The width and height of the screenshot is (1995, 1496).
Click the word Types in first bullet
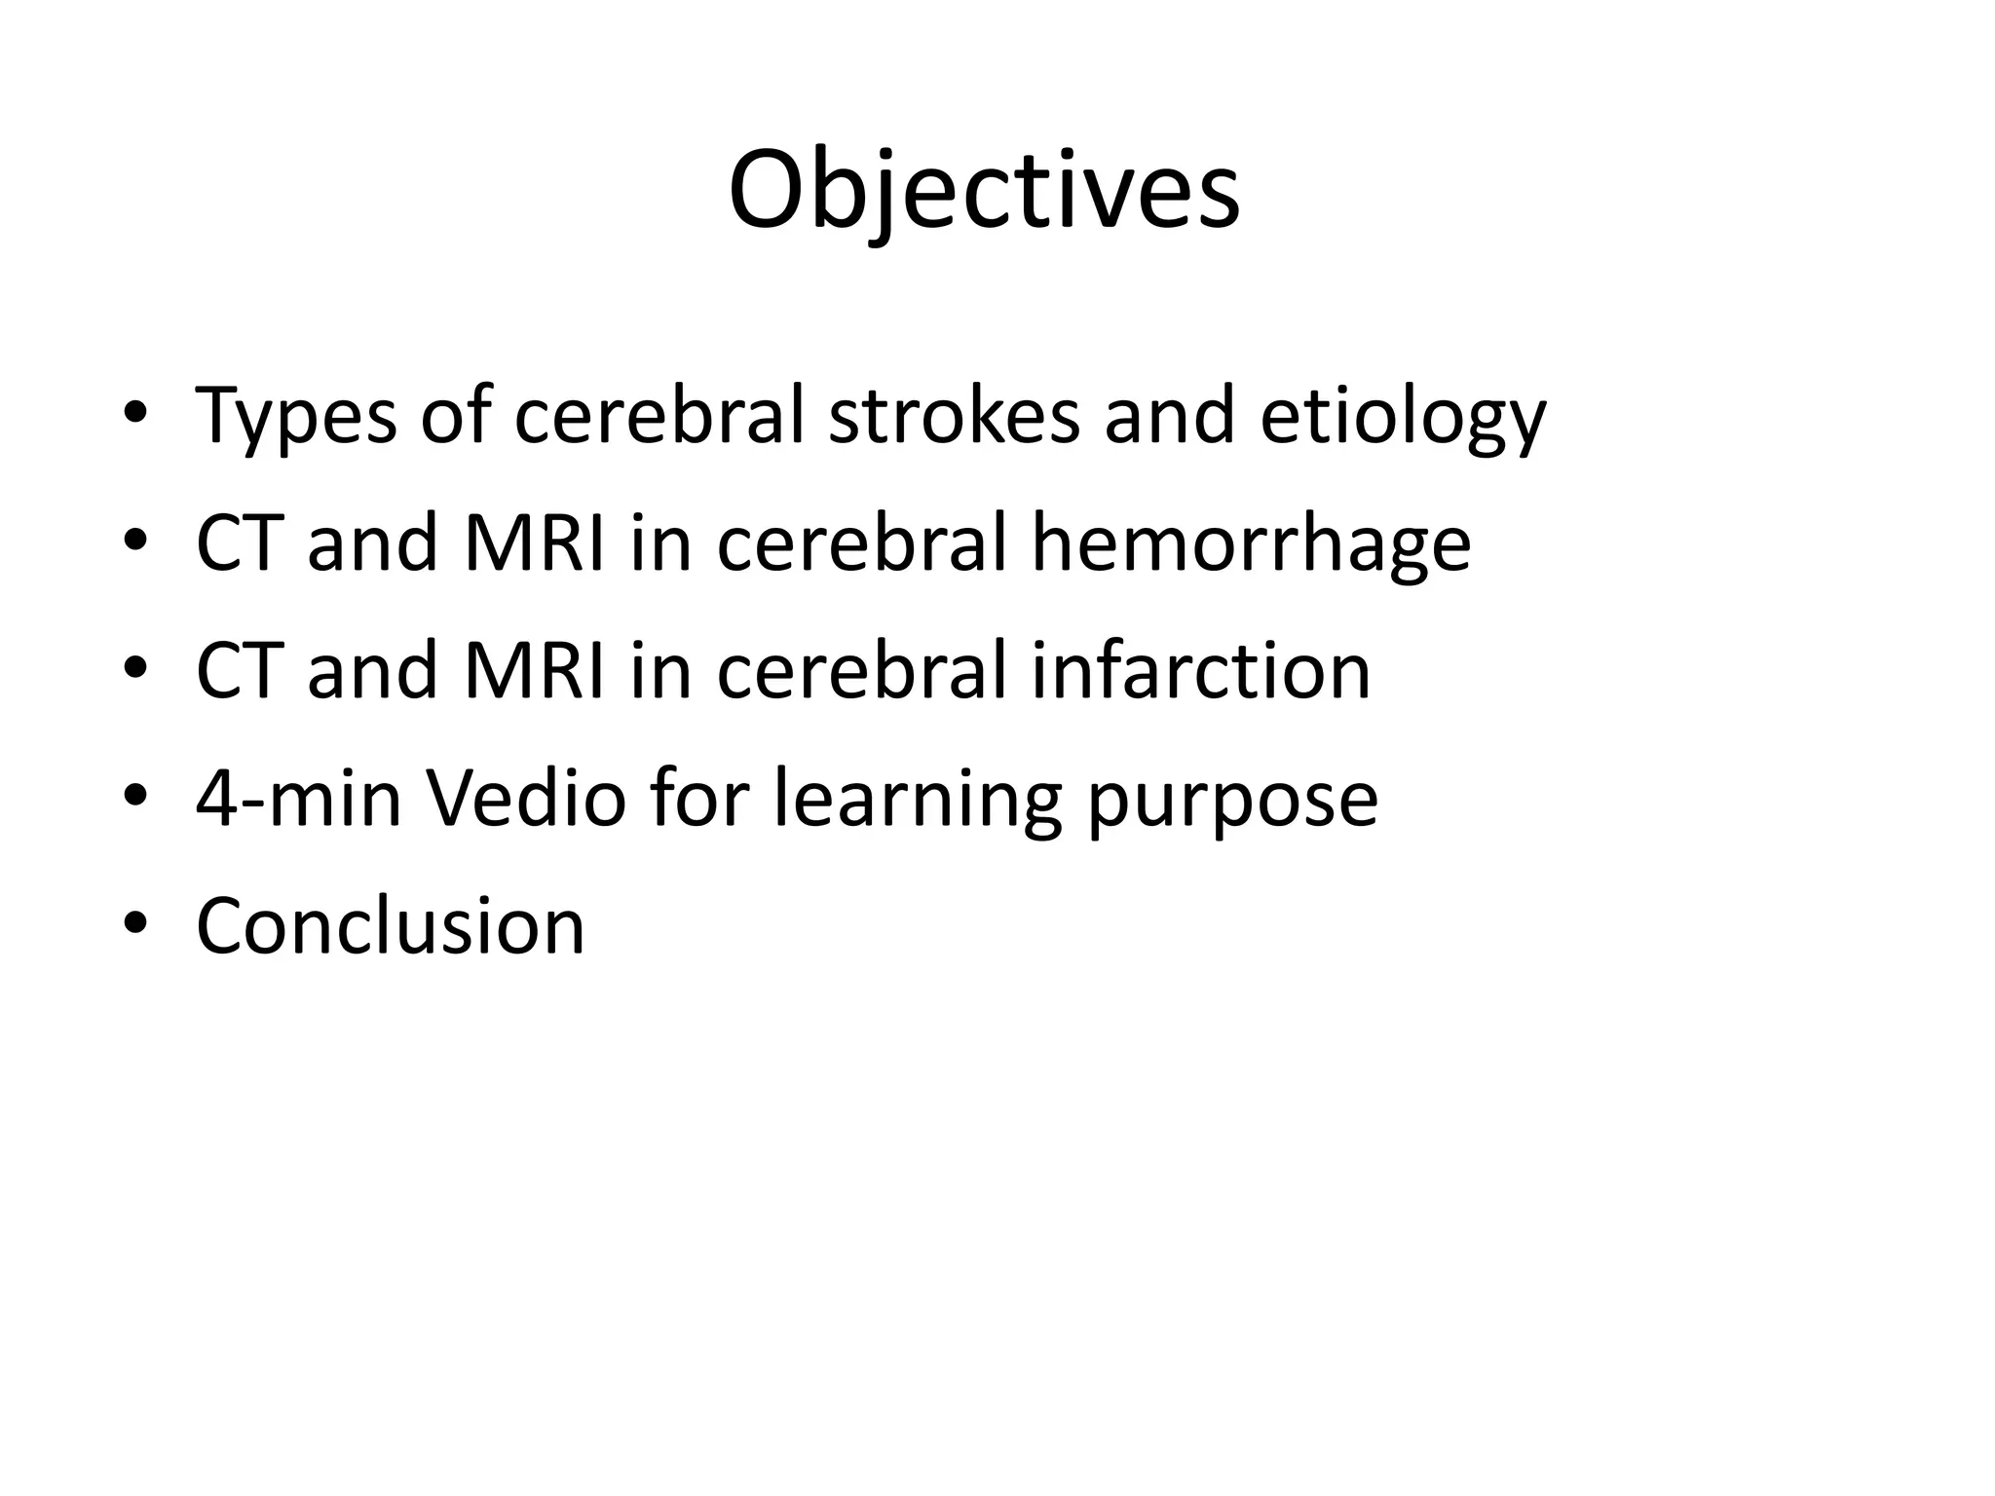pos(295,417)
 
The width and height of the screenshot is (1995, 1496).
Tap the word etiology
pos(1403,417)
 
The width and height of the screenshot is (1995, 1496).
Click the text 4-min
pos(298,798)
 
